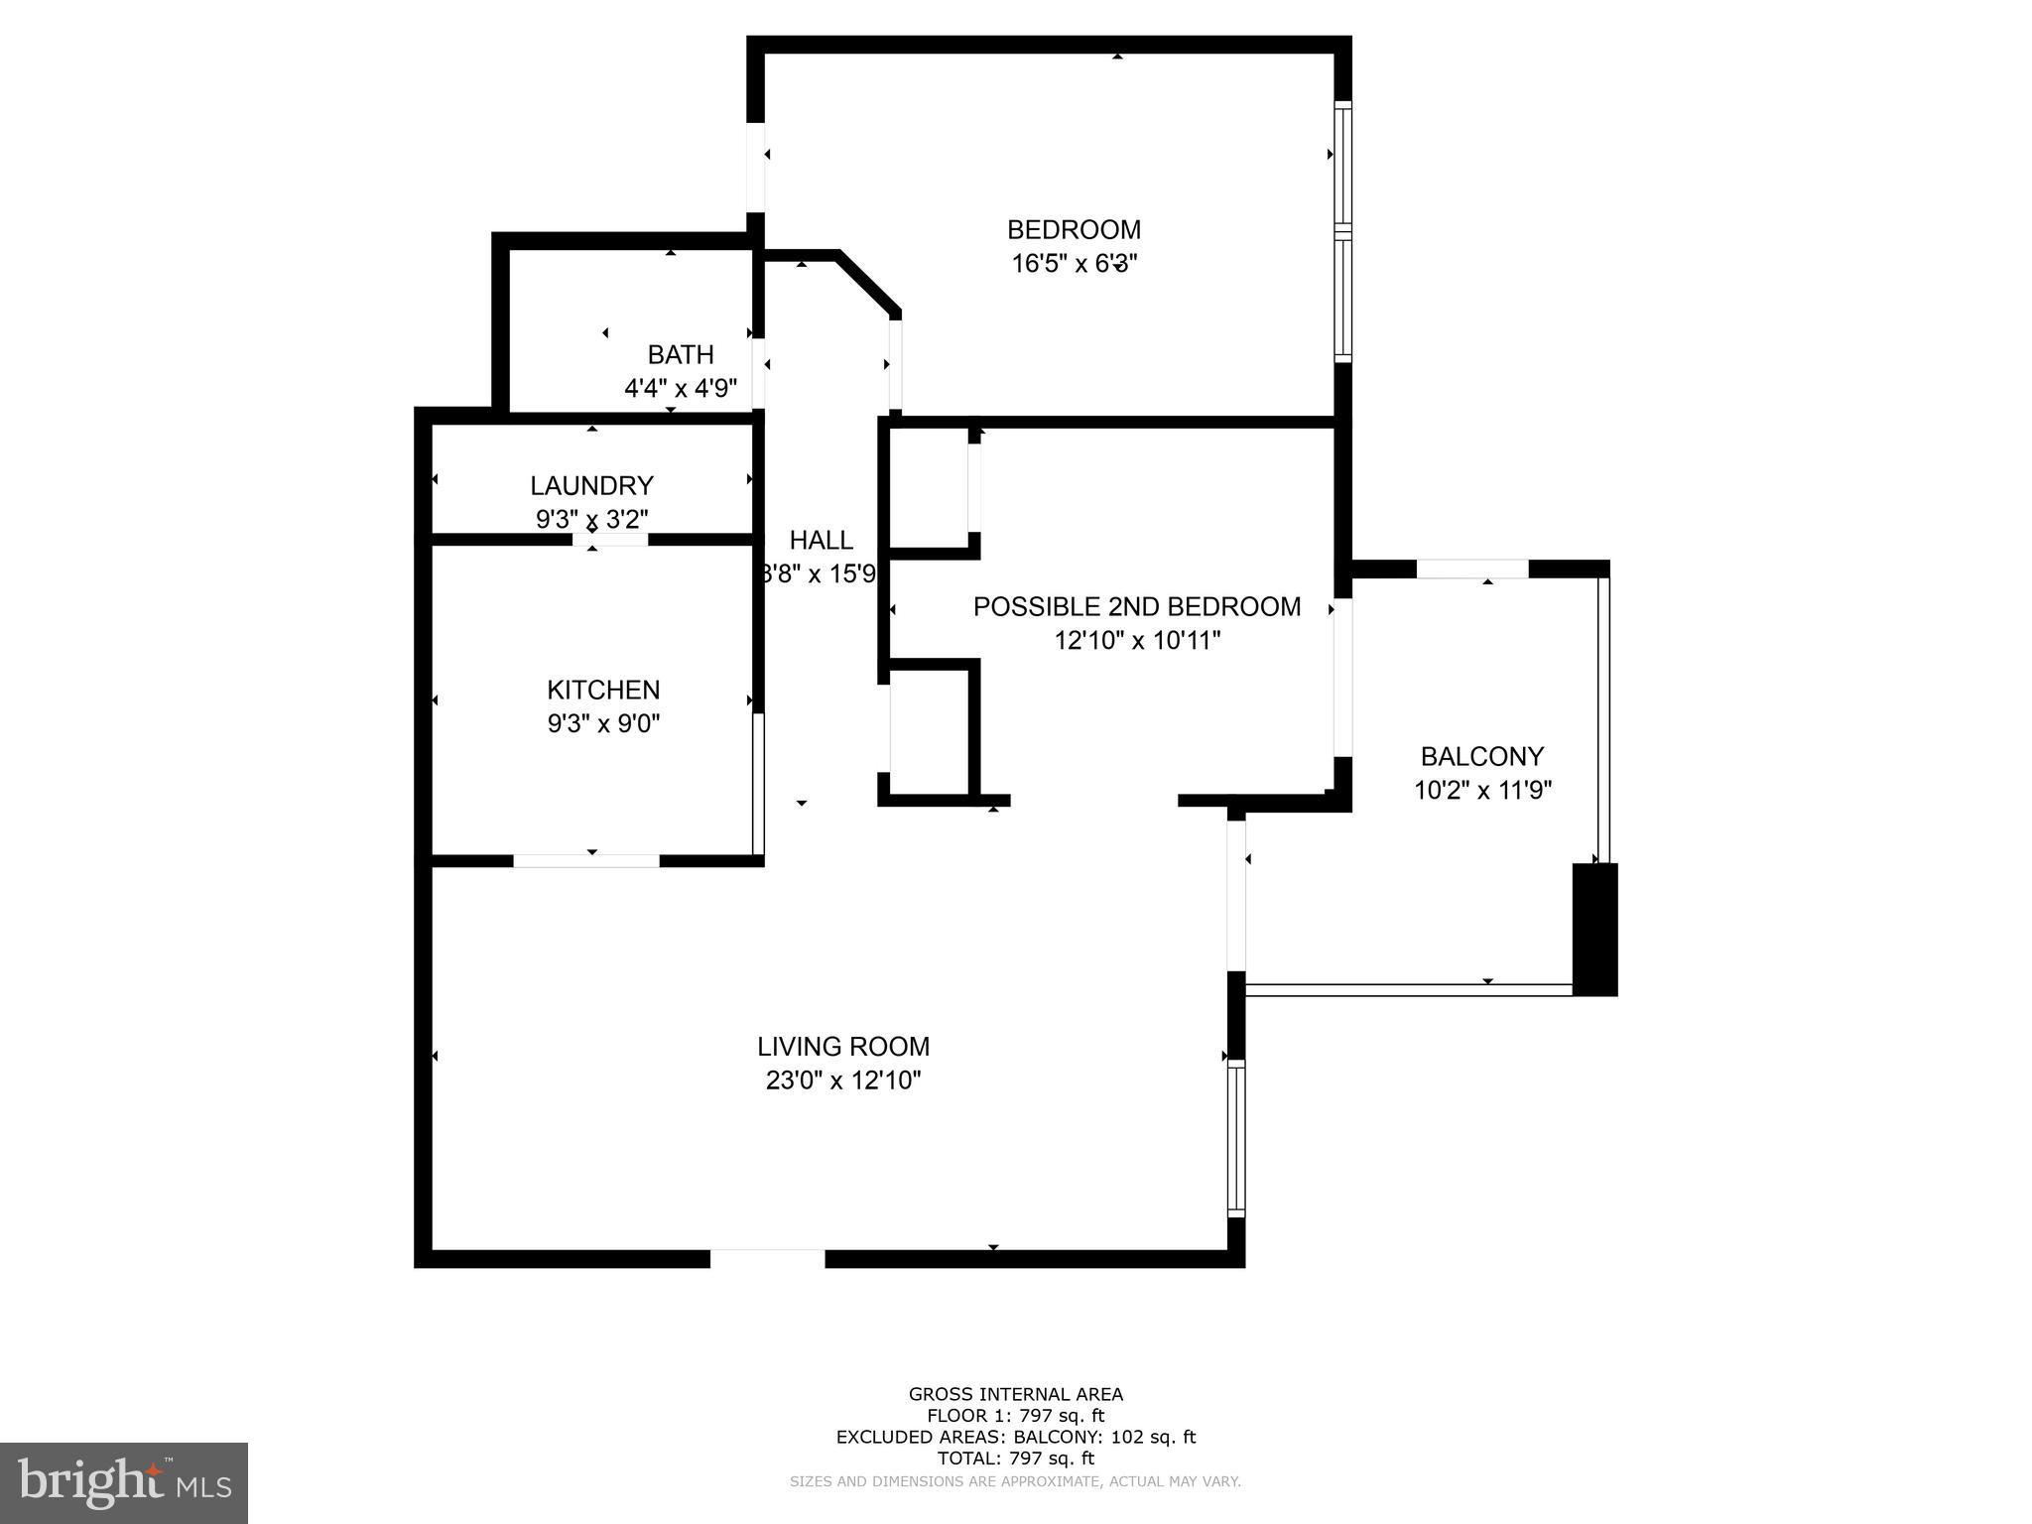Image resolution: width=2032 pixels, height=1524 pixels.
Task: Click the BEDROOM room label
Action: (1074, 230)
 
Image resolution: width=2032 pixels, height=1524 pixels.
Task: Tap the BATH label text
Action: (681, 354)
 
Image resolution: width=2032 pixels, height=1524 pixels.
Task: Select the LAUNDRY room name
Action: (591, 485)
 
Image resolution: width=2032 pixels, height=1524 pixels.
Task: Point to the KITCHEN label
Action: (603, 690)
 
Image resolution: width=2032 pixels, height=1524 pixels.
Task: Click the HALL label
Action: (821, 540)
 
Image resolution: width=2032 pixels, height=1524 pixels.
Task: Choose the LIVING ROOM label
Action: (843, 1046)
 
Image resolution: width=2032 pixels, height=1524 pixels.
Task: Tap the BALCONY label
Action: (1482, 756)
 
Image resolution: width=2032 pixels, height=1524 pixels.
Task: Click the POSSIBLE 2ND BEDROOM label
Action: (1137, 606)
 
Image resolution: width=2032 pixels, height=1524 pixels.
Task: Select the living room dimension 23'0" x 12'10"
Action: (843, 1079)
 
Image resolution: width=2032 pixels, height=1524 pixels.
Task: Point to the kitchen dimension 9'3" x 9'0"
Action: (603, 723)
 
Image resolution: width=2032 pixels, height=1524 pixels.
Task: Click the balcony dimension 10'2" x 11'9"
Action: (1482, 790)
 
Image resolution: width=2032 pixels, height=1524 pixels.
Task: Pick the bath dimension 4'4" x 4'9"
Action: (681, 388)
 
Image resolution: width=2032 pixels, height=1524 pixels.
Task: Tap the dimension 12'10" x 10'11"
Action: (1137, 640)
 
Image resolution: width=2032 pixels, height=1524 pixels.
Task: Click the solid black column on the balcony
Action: (1594, 929)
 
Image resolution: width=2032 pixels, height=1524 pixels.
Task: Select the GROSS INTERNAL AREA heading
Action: (1016, 1394)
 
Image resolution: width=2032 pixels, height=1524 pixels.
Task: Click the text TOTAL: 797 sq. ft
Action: (1016, 1458)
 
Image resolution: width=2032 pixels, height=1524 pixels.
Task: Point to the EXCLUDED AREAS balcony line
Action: (1016, 1437)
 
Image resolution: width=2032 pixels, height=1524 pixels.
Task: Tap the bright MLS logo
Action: (124, 1483)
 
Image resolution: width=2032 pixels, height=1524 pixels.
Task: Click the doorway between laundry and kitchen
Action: (610, 540)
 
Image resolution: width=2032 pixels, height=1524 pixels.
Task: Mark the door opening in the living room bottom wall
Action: (767, 1258)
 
